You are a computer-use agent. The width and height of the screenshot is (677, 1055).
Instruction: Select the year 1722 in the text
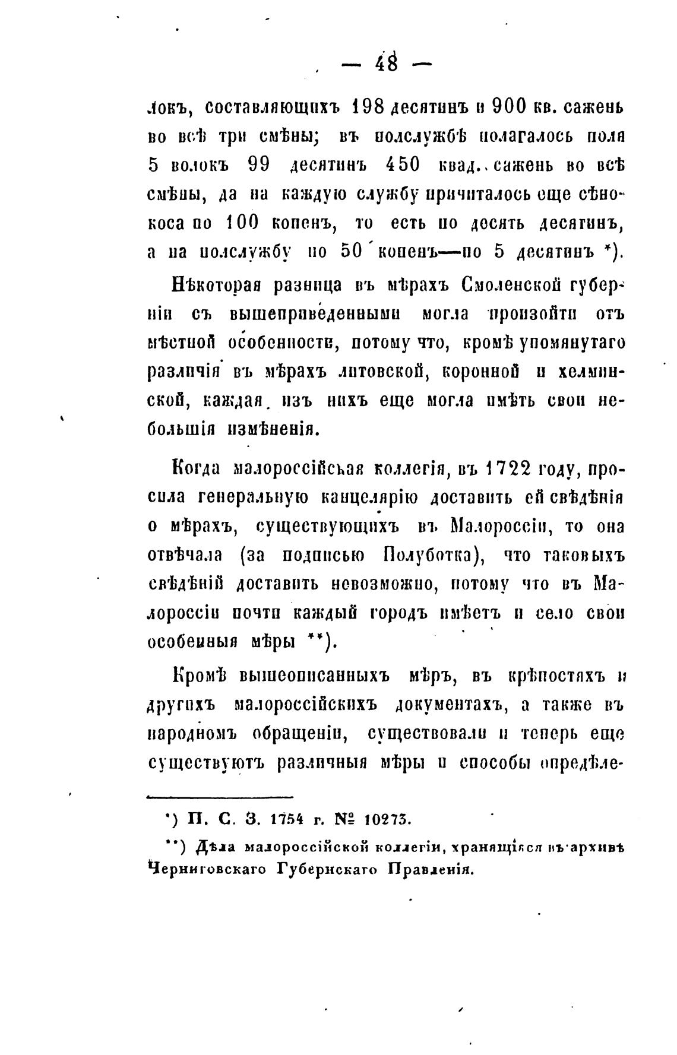pyautogui.click(x=506, y=468)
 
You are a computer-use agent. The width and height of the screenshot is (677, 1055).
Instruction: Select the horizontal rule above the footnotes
pyautogui.click(x=220, y=797)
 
